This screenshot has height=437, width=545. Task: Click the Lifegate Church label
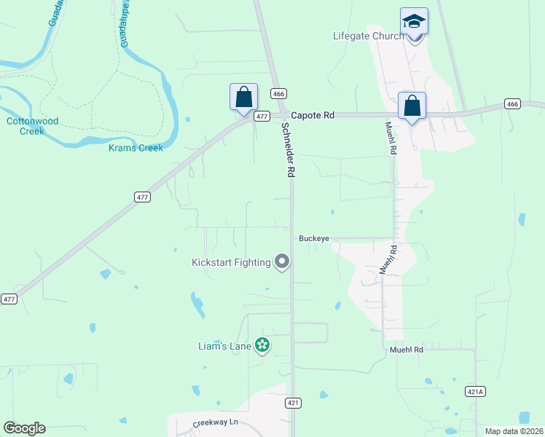click(368, 36)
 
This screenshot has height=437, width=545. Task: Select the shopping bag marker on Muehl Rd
click(412, 106)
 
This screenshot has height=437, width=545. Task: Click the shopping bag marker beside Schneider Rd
click(243, 98)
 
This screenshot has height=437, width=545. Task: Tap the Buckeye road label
click(314, 238)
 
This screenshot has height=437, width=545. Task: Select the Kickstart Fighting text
click(230, 262)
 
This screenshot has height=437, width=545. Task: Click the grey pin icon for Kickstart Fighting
click(282, 262)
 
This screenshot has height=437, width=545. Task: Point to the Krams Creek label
click(136, 148)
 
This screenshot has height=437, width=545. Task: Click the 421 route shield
click(293, 403)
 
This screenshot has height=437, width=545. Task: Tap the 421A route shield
click(474, 391)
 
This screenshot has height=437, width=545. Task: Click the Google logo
click(24, 428)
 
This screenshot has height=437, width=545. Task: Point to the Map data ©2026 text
click(514, 431)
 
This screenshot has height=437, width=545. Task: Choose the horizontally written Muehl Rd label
click(407, 350)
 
